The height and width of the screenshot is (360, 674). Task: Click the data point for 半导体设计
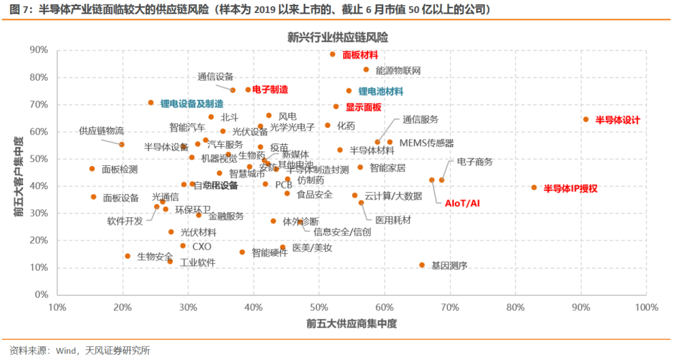tap(586, 119)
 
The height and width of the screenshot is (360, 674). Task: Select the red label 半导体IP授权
tap(570, 188)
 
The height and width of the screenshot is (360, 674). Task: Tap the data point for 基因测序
tap(422, 265)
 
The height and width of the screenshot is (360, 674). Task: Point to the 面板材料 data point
tap(333, 54)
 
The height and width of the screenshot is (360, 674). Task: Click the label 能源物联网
tap(398, 71)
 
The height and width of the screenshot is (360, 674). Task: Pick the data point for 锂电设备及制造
tap(151, 102)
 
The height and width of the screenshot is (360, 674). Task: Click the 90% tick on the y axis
tap(40, 50)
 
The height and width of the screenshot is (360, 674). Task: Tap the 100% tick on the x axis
tap(646, 308)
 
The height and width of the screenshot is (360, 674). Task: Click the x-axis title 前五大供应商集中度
tap(351, 324)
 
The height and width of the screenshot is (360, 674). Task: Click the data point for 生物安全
tap(128, 256)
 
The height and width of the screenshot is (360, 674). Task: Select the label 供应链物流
tap(101, 131)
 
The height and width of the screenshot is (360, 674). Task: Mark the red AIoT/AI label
tap(462, 203)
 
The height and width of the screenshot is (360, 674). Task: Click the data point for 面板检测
tap(92, 168)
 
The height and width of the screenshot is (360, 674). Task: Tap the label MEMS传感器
tap(426, 143)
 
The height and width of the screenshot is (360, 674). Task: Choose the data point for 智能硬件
tap(242, 252)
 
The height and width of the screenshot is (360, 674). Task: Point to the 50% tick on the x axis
tap(319, 308)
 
